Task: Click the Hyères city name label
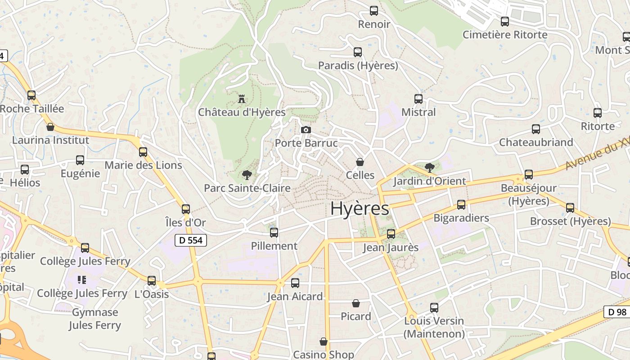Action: [x=360, y=208]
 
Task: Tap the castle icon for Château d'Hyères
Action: [x=242, y=99]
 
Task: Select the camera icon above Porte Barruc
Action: [x=306, y=130]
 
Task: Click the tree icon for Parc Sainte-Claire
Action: [x=247, y=175]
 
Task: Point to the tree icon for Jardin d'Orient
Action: [x=429, y=168]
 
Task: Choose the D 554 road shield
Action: [x=190, y=240]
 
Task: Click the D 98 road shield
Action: [x=617, y=312]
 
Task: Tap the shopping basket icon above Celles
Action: [x=360, y=162]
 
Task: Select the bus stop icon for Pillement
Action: [x=274, y=233]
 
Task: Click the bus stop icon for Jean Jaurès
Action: [x=391, y=234]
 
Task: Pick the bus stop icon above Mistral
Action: [x=418, y=99]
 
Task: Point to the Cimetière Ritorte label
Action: [x=505, y=35]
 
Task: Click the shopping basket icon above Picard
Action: [x=356, y=303]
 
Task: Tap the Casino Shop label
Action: [x=323, y=355]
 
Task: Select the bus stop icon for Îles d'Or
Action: [x=186, y=209]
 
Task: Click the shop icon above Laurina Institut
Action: [x=50, y=127]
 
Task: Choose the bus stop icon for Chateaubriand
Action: [x=536, y=129]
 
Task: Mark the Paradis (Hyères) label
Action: [x=358, y=66]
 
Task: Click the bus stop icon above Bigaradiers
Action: [x=461, y=205]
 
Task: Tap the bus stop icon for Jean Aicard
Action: [x=295, y=283]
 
